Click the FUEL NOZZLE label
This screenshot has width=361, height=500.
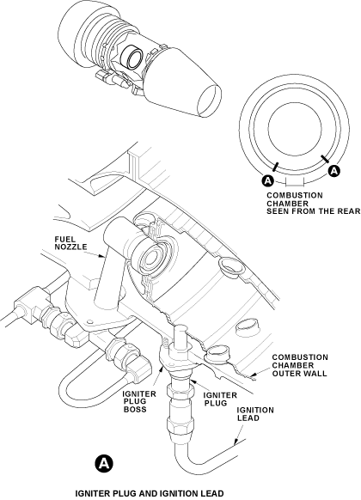coord(70,243)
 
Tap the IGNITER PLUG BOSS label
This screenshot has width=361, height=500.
coord(139,401)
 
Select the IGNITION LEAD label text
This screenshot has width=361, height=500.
coord(255,414)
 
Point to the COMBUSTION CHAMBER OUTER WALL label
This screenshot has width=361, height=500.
coord(300,365)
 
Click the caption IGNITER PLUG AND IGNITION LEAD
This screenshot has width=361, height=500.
coord(150,493)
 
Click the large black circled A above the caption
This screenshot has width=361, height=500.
coord(104,463)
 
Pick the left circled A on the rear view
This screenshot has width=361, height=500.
coord(268,180)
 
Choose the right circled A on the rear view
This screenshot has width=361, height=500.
coord(333,171)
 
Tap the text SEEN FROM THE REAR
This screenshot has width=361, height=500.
coord(314,211)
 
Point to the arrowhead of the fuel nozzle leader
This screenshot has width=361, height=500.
coord(102,256)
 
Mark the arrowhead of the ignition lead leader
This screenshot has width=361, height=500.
coord(236,442)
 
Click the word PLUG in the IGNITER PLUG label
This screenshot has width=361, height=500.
coord(215,403)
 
